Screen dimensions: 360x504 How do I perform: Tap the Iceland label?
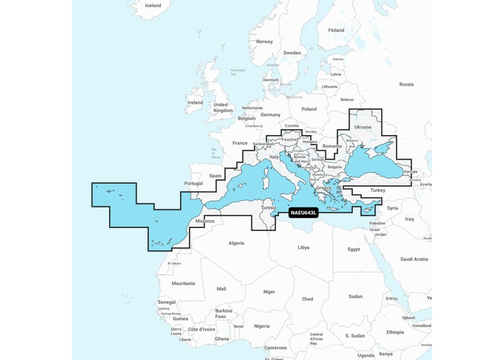153,5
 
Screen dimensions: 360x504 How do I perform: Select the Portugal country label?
193,184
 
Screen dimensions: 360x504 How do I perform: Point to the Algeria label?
237,243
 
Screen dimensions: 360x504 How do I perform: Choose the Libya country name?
304,247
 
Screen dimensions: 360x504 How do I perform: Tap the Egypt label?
353,248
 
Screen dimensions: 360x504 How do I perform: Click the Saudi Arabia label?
413,259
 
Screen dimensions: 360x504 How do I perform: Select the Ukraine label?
364,127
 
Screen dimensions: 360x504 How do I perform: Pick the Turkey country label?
378,190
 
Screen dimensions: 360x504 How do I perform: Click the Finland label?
336,30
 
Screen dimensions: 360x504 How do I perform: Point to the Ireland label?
196,103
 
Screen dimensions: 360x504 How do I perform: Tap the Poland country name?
309,109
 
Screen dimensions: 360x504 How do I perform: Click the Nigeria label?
262,326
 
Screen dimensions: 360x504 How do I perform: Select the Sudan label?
355,296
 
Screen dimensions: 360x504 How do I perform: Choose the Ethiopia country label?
395,332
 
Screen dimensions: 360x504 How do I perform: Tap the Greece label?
324,188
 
